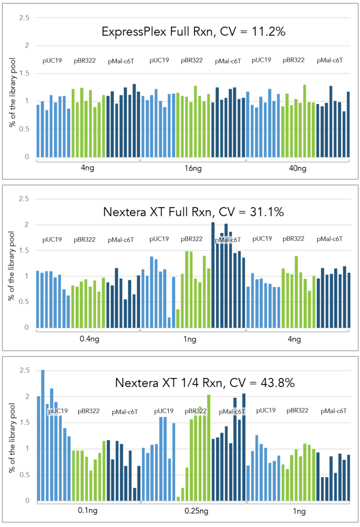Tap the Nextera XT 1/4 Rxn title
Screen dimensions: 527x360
point(205,383)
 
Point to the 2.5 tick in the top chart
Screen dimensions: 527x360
point(24,18)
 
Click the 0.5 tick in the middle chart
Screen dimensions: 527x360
point(24,302)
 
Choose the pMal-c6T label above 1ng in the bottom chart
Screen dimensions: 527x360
point(333,411)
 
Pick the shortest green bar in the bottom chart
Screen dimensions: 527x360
point(178,499)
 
